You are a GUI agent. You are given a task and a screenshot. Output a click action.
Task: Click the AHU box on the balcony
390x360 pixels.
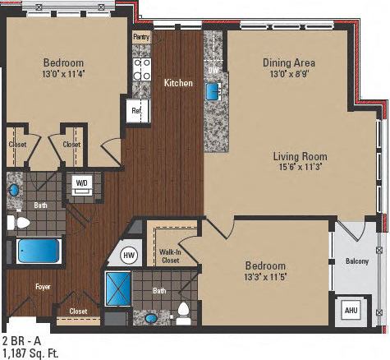click(351, 312)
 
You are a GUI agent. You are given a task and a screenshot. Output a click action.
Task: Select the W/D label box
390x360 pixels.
click(82, 182)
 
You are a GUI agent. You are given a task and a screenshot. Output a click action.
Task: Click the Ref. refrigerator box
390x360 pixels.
click(136, 110)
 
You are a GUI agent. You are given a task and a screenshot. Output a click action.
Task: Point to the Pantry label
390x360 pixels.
click(141, 37)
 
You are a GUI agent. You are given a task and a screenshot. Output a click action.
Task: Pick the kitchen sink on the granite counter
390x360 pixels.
click(213, 90)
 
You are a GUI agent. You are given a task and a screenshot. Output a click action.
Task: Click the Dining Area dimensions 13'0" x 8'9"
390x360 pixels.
click(288, 75)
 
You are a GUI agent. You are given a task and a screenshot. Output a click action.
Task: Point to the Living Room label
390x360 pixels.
click(300, 156)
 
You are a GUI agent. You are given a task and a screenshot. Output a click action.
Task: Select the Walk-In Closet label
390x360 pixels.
click(170, 256)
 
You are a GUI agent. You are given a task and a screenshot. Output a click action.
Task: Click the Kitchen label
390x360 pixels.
click(178, 83)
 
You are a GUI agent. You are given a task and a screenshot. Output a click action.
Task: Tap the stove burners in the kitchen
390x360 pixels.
click(141, 69)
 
